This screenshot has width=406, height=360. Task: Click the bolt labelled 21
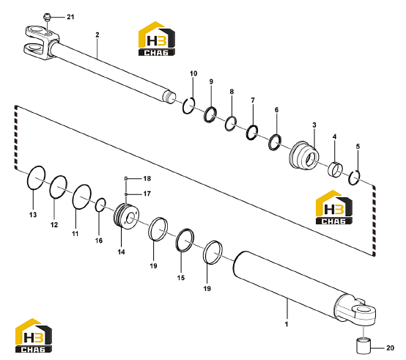click(47, 17)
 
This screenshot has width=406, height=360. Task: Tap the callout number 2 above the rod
click(97, 34)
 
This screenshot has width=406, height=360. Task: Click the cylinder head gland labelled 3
click(303, 155)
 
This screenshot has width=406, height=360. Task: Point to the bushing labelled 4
click(336, 169)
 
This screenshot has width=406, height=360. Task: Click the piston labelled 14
click(126, 216)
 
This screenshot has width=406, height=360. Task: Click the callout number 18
click(147, 178)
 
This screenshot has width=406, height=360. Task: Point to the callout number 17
click(147, 194)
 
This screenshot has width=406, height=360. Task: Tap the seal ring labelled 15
click(177, 240)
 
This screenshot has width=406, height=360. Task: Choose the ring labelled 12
click(51, 187)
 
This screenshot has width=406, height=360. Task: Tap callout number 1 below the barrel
click(287, 324)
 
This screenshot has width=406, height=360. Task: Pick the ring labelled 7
click(247, 133)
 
